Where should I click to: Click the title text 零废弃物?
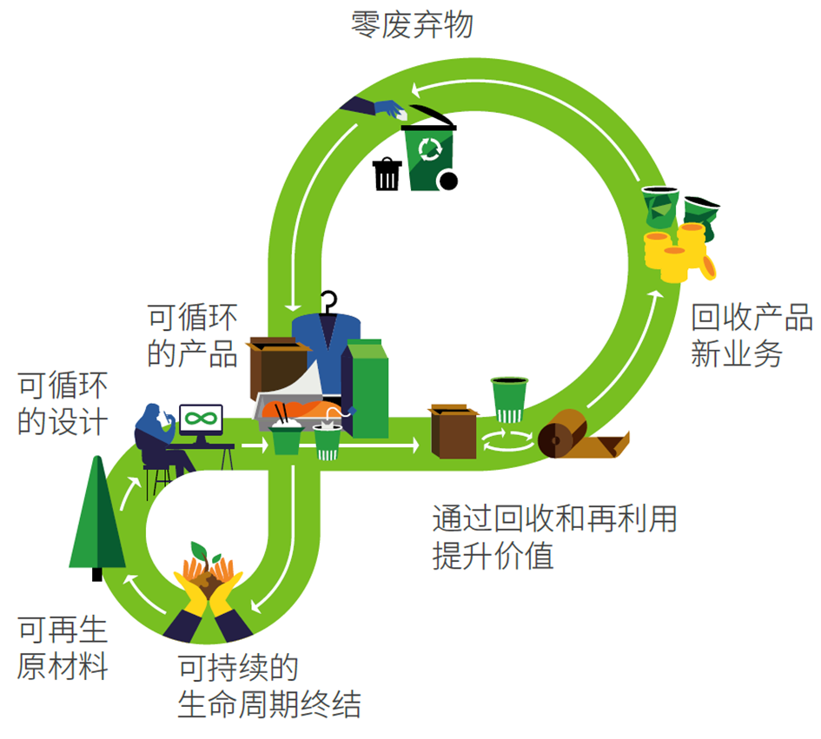[412, 24]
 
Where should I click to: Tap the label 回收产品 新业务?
[751, 335]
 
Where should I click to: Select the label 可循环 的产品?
[192, 335]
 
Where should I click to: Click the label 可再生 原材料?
[63, 649]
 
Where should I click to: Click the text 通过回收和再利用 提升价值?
[553, 538]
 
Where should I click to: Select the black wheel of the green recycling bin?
[448, 181]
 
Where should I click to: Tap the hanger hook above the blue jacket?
[328, 301]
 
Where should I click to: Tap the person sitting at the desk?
[157, 439]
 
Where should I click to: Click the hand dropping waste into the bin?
[378, 108]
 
